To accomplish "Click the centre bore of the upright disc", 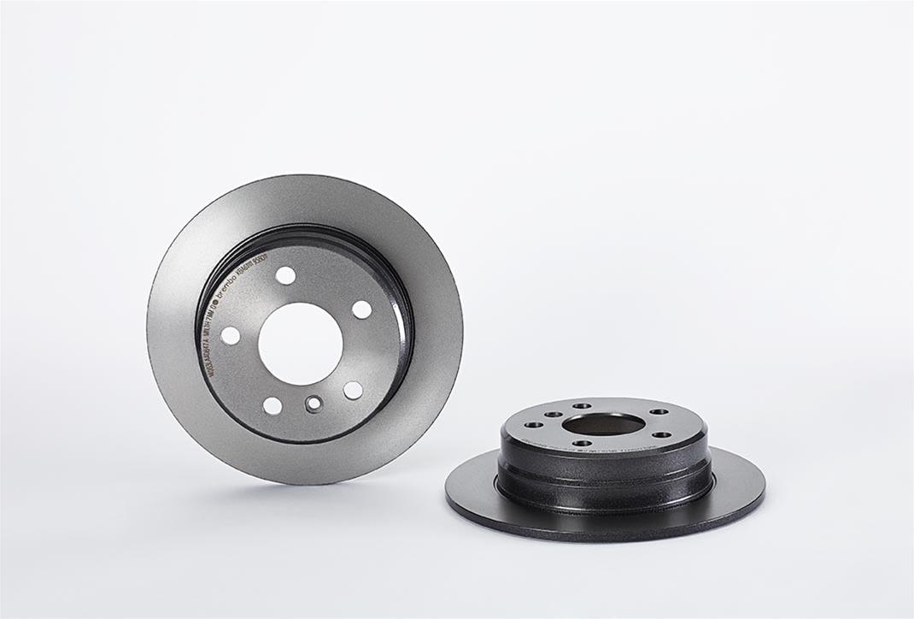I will coord(300,343).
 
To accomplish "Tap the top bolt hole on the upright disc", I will coord(285,275).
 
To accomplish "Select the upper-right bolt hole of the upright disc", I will coord(362,309).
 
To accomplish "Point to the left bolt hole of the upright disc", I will coord(231,335).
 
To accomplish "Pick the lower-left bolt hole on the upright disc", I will coord(272,405).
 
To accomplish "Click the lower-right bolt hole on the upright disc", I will coord(353,390).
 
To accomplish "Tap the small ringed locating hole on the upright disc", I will coord(314,404).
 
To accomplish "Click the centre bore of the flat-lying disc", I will coord(603,424).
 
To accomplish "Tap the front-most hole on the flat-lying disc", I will coord(582,443).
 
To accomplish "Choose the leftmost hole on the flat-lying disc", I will coord(534,425).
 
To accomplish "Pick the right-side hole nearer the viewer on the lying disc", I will coord(662,434).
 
